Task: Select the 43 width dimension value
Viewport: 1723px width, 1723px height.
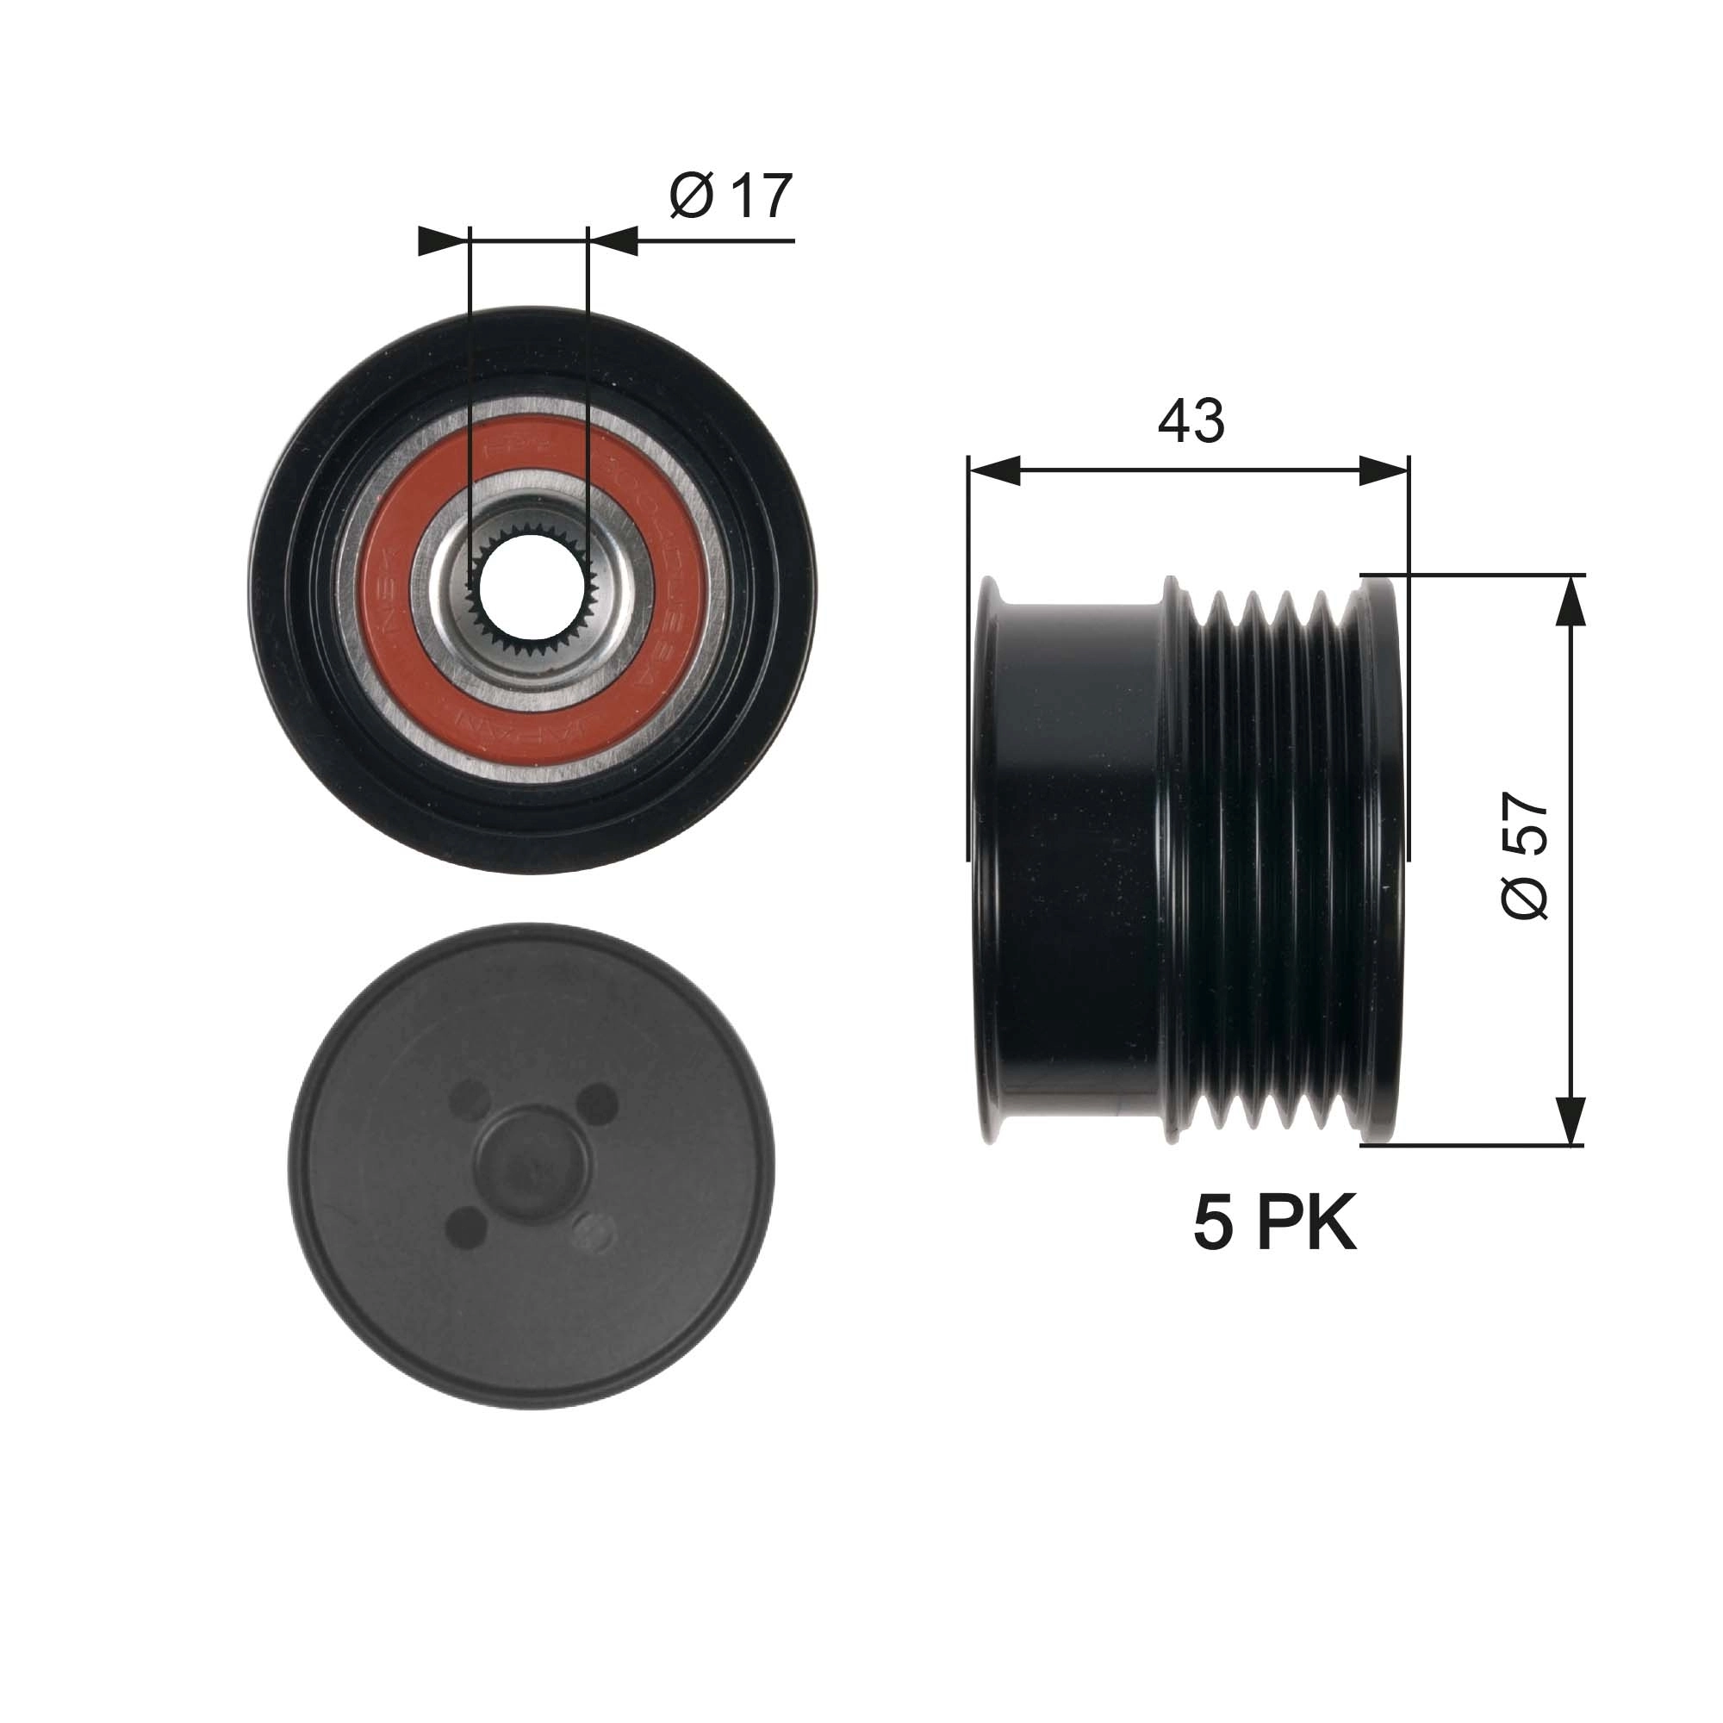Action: click(1191, 421)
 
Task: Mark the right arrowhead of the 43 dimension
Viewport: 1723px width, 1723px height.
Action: click(1384, 470)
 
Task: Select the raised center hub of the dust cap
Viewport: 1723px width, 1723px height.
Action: click(532, 1163)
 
